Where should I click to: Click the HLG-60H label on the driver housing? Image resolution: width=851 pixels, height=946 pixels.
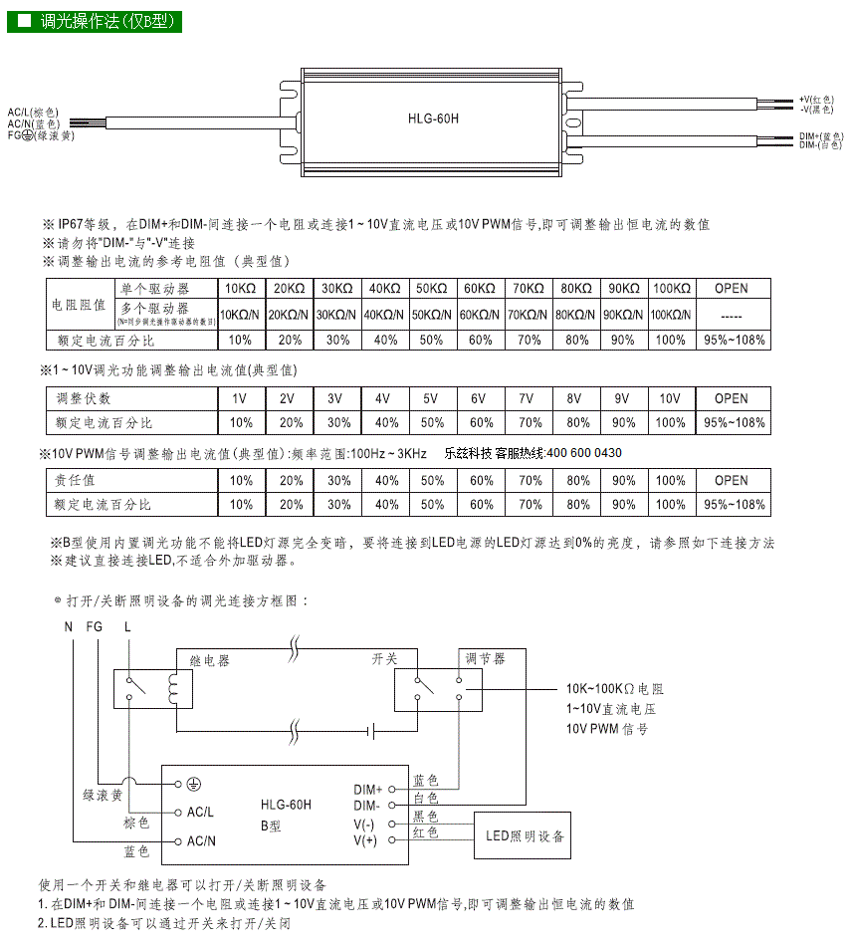coord(433,118)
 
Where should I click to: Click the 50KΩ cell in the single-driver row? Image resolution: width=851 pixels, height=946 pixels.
coord(432,288)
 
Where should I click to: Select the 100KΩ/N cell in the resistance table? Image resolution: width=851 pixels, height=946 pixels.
coord(672,315)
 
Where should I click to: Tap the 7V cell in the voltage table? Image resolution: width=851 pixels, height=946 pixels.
coord(528,398)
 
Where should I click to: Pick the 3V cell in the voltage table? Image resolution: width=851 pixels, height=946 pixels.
coord(335,398)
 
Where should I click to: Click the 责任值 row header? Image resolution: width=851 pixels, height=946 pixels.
coord(76,480)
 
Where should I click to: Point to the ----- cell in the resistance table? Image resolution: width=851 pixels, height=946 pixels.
coord(732,315)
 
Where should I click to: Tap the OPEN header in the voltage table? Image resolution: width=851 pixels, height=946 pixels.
coord(732,398)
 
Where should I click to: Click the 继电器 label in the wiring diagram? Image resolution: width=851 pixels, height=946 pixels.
coord(209,660)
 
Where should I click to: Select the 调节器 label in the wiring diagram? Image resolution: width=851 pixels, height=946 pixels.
coord(485,658)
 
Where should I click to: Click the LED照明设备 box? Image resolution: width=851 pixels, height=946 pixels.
coord(525,836)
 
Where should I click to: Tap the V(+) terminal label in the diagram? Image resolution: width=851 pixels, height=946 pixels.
coord(365,840)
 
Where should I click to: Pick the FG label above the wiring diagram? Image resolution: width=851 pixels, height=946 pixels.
coord(95,626)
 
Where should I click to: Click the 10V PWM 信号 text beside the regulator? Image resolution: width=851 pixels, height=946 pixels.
coord(607,729)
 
